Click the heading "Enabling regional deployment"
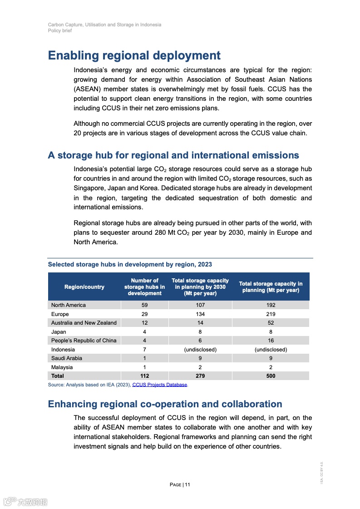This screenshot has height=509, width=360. click(x=134, y=56)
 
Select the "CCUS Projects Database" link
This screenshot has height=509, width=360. click(x=159, y=385)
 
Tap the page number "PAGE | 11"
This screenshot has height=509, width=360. click(x=180, y=484)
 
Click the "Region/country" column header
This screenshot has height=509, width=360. click(x=84, y=287)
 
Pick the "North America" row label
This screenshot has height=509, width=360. click(x=69, y=305)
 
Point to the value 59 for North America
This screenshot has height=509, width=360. click(x=144, y=305)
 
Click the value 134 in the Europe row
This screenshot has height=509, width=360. click(x=200, y=314)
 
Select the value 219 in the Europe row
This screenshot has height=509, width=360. click(x=271, y=314)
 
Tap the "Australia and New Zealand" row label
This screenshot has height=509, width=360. click(x=84, y=323)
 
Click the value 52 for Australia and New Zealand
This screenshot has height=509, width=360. click(x=271, y=323)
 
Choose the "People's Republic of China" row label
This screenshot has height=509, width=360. click(x=84, y=341)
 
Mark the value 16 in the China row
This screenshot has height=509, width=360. click(x=271, y=341)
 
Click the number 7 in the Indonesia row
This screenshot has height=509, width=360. click(x=144, y=350)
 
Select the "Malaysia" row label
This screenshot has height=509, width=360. click(x=62, y=367)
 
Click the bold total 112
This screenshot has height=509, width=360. click(x=144, y=376)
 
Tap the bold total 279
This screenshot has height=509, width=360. click(x=200, y=376)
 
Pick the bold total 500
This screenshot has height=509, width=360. click(x=271, y=376)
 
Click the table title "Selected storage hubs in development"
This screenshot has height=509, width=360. click(x=130, y=264)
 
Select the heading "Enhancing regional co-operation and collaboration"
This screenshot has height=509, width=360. click(x=165, y=404)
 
